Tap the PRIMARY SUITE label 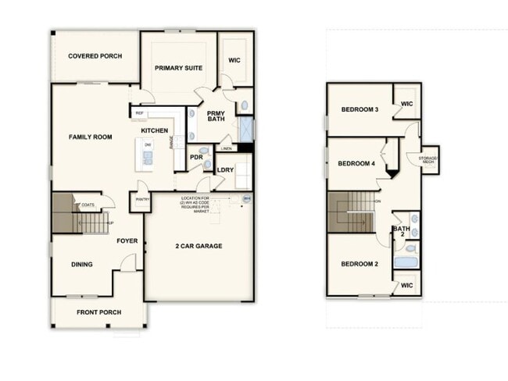pos(178,68)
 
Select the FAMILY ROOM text pos(90,137)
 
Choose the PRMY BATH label pos(216,116)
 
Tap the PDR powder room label pos(196,157)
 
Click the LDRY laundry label pos(225,169)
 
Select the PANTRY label pos(142,199)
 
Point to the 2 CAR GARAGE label pos(198,246)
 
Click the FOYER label pos(127,241)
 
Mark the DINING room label pos(82,265)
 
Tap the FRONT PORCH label pos(97,312)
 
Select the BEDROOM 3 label pos(360,109)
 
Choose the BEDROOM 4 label pos(356,164)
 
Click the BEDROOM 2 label pos(360,264)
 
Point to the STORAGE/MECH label pos(428,160)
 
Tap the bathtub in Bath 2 pos(406,261)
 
